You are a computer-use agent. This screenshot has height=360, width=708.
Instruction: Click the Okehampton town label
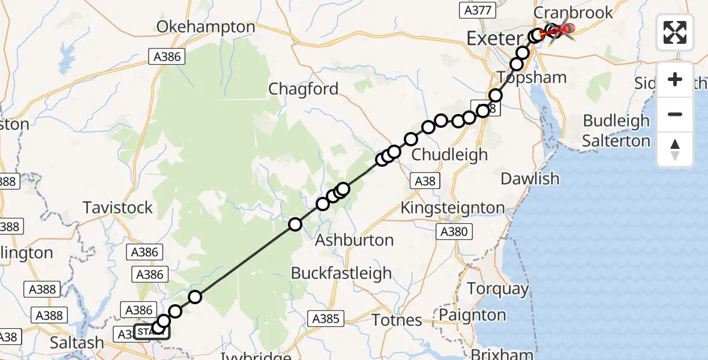tap(206, 27)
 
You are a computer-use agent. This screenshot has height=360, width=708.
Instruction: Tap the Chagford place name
tap(304, 89)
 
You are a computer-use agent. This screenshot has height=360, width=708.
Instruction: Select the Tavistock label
tap(118, 208)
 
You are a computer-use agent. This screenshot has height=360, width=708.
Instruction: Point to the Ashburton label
tap(355, 240)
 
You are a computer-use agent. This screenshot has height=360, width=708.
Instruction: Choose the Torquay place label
tap(498, 289)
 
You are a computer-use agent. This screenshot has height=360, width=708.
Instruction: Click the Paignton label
tap(472, 314)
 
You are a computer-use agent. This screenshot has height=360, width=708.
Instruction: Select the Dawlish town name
tap(530, 179)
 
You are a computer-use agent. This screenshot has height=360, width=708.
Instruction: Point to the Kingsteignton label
tap(452, 208)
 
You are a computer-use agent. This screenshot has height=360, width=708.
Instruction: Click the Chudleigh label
tap(449, 155)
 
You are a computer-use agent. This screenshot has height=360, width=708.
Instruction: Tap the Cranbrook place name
tap(574, 13)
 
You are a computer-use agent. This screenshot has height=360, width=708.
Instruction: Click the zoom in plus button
tap(675, 80)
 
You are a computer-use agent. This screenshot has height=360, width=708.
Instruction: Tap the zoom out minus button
tap(675, 115)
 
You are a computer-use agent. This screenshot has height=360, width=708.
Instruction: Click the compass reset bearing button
tap(675, 149)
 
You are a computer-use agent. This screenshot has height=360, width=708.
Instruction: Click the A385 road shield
tap(327, 319)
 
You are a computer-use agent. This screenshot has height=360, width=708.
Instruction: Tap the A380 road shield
tap(454, 232)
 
